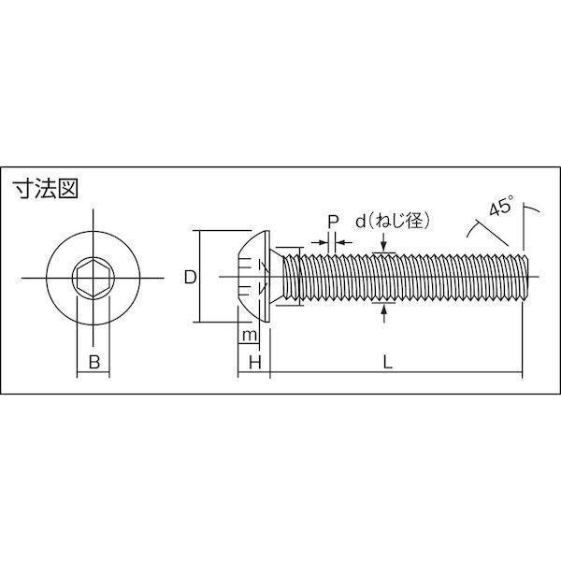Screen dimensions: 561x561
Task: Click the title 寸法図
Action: [45, 189]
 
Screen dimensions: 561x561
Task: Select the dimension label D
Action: [191, 278]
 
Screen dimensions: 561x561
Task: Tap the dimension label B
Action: [94, 362]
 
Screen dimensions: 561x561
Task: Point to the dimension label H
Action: [254, 363]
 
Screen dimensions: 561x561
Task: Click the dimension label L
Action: [388, 363]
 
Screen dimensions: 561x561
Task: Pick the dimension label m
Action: [250, 336]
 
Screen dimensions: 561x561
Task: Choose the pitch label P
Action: [333, 222]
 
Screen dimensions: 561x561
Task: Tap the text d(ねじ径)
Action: [392, 222]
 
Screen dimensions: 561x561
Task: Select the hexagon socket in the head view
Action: [93, 278]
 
